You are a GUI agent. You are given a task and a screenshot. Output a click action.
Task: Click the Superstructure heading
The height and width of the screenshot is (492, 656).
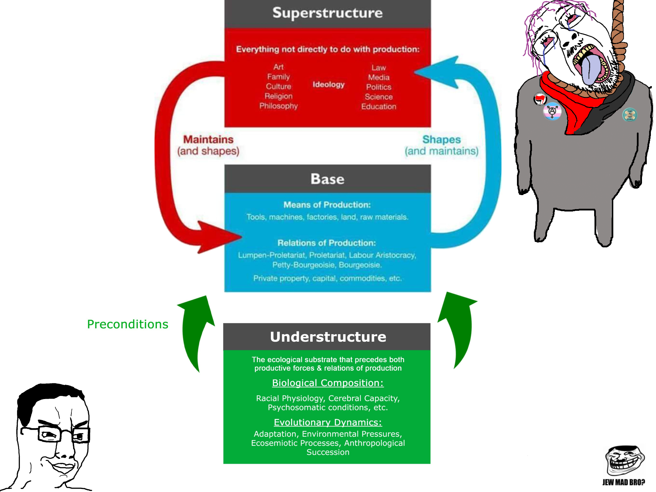coord(327,13)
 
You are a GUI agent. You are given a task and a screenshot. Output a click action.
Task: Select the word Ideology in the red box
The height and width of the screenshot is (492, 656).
coord(328,84)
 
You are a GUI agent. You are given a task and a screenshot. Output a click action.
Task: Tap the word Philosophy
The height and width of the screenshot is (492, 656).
coord(278,106)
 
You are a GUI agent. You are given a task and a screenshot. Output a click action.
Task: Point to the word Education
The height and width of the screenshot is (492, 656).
coord(379,107)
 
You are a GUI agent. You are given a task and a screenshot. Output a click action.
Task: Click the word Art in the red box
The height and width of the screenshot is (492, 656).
coord(278,67)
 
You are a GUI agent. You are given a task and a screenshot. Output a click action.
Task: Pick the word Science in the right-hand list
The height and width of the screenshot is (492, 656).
coord(379,97)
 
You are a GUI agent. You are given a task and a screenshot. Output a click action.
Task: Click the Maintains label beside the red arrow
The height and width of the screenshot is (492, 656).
coord(208,139)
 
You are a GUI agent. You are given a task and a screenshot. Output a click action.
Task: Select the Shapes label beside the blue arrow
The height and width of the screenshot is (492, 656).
coord(441,139)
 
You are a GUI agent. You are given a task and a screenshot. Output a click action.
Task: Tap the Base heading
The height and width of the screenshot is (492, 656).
coord(327,179)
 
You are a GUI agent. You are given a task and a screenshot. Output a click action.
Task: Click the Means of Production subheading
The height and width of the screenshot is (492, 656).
coord(327,205)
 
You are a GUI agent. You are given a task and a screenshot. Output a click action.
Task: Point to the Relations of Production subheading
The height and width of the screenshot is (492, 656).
coord(327,243)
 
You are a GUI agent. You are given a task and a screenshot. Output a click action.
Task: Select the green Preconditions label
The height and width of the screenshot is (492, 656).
coord(127,324)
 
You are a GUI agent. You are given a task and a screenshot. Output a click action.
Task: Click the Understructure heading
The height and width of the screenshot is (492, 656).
coord(328,337)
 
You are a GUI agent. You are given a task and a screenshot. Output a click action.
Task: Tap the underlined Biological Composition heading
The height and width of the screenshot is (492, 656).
coord(328,383)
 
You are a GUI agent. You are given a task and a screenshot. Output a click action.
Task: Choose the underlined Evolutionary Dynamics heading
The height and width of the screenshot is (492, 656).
coord(328,422)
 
